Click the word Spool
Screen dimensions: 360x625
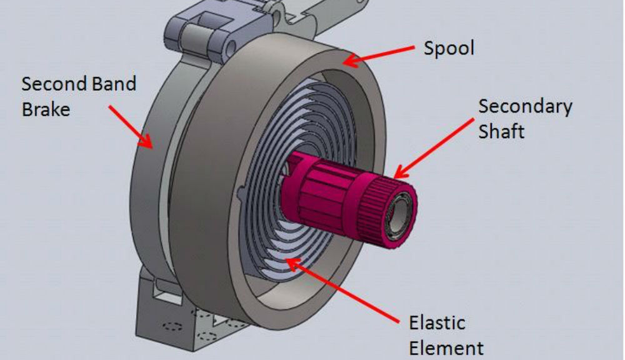coord(449,49)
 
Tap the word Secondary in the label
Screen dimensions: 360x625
coord(525,107)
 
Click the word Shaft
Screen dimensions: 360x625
coord(501,131)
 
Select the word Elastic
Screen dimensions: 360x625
coord(437,323)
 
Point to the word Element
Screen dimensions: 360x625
coord(446,347)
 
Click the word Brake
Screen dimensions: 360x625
coord(46,109)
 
